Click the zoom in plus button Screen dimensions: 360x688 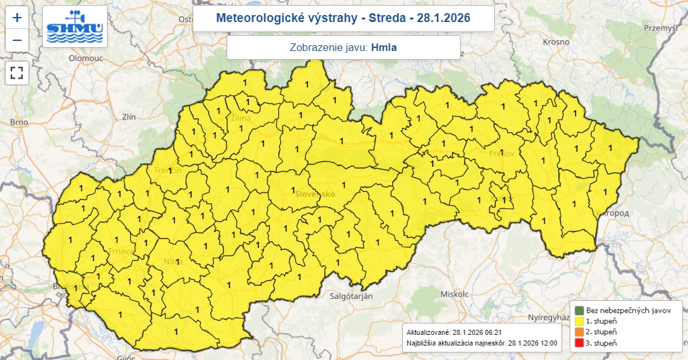pos(17,18)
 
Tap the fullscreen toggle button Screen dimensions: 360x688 pos(17,72)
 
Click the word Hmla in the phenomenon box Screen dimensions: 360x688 pos(384,47)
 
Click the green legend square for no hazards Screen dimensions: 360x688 pos(578,310)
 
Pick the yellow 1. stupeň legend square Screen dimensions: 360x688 pos(578,321)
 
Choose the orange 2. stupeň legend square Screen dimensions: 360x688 pos(578,332)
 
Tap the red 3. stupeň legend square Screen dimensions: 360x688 pos(578,342)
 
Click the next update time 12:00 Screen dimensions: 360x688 pos(545,342)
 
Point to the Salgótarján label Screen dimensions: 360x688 pos(352,295)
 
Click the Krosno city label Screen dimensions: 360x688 pos(557,42)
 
